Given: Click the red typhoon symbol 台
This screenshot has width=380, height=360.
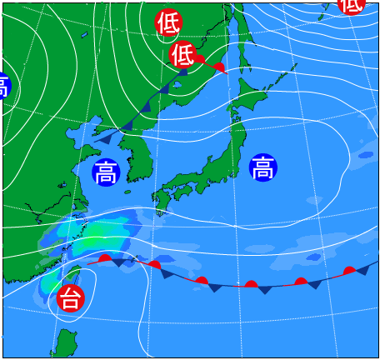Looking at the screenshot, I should (x=71, y=297).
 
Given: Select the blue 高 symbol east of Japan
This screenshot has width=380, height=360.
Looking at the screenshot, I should (x=262, y=167).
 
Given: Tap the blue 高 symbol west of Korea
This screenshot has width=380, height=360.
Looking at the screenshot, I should (x=106, y=172).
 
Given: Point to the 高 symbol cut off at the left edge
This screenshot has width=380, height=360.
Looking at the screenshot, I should (x=3, y=86).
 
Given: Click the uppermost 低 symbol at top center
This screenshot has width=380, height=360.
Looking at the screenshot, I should (x=167, y=22).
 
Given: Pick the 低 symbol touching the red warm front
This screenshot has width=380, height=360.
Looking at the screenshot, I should (x=182, y=55).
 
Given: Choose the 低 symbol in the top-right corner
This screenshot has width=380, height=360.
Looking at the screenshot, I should (x=351, y=5).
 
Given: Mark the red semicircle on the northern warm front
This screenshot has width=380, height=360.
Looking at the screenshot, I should (x=219, y=67).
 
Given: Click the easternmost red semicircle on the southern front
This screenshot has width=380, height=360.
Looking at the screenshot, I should (x=350, y=270).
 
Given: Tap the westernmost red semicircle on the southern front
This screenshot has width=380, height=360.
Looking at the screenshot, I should (x=104, y=259).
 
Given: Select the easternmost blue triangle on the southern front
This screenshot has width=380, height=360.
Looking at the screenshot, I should (x=362, y=270).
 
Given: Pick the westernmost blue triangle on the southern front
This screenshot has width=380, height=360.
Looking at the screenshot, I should (x=119, y=263).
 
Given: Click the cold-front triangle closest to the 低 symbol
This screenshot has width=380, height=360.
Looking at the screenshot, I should (x=182, y=72).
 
